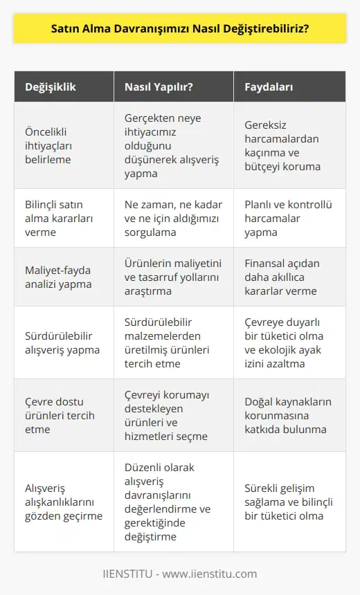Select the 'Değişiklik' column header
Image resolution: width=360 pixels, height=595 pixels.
click(51, 88)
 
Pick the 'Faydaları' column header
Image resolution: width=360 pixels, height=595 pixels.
click(269, 88)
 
